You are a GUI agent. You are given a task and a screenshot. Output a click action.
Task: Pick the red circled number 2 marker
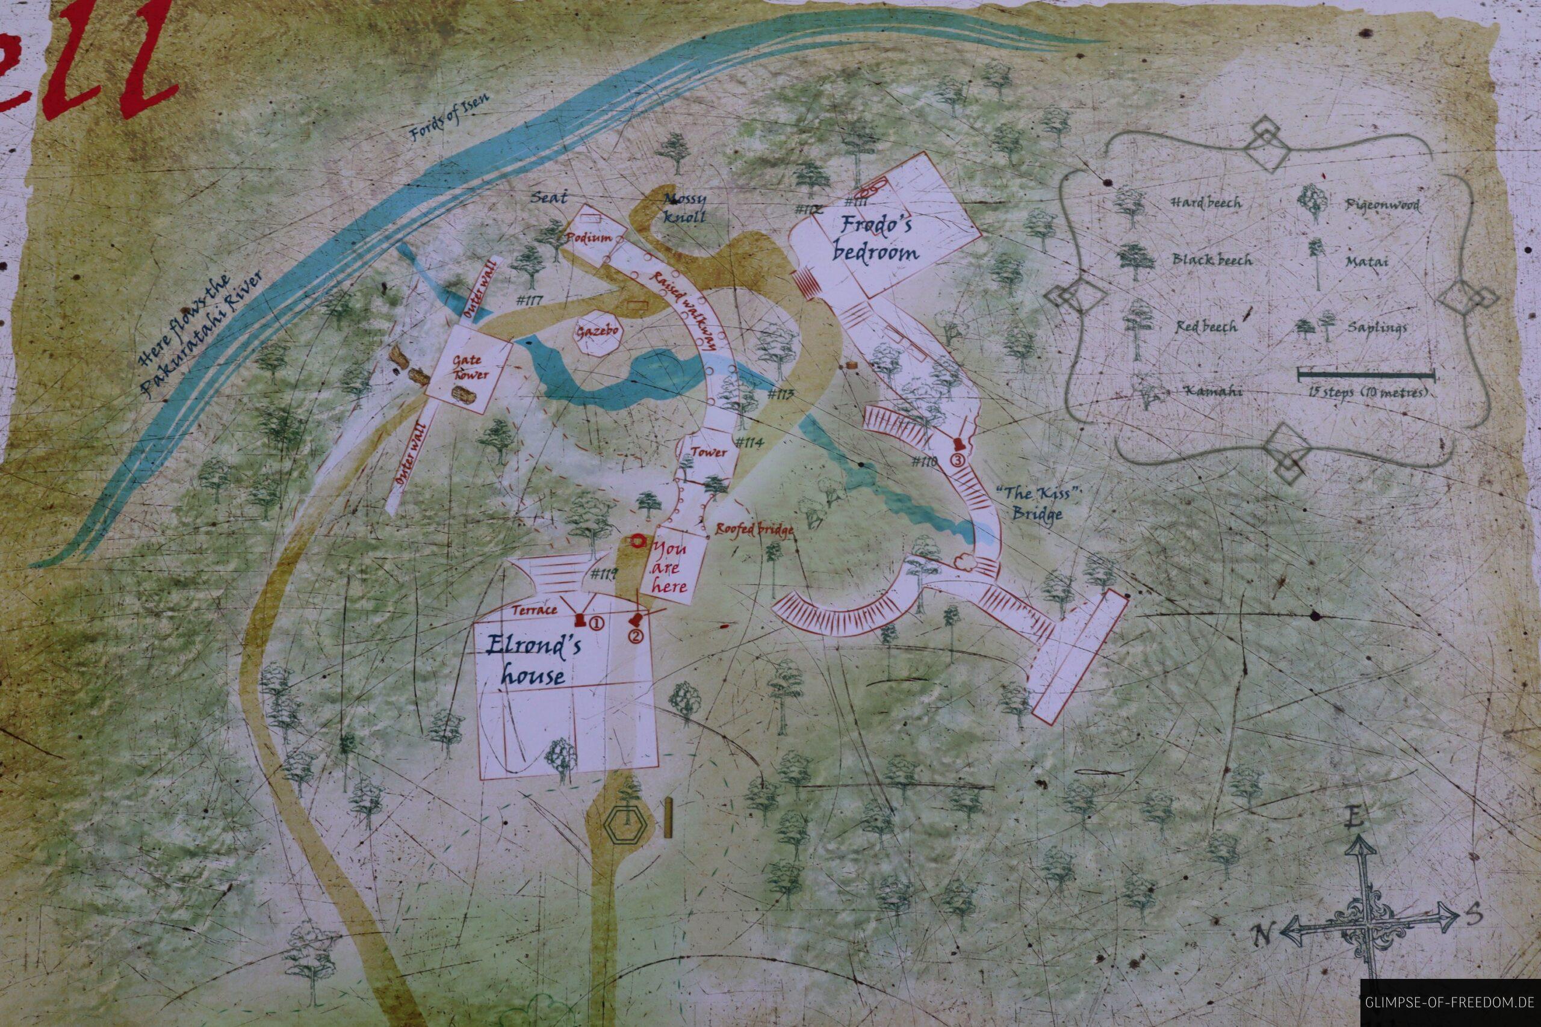(634, 635)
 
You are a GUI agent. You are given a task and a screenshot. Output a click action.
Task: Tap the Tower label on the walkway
(710, 452)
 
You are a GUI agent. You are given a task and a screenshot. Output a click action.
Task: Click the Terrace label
(535, 610)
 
